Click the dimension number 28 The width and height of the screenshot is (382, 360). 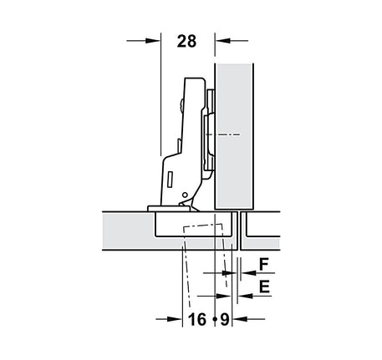click(x=186, y=41)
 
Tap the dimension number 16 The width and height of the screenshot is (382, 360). click(x=197, y=319)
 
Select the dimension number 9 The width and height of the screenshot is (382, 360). click(x=225, y=319)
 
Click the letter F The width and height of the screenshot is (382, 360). click(x=264, y=265)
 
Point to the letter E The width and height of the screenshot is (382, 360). click(x=264, y=286)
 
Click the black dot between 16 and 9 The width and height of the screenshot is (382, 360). click(x=215, y=319)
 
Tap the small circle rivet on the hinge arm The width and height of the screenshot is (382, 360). click(x=184, y=195)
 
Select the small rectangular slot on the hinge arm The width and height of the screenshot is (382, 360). click(x=170, y=180)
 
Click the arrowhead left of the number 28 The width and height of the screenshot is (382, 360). click(x=153, y=41)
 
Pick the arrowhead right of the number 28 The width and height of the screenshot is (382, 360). click(x=223, y=41)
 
